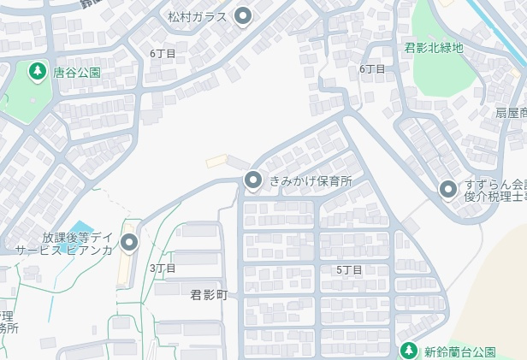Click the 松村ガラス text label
pyautogui.click(x=198, y=17)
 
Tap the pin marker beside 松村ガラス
pyautogui.click(x=244, y=15)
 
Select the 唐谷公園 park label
pyautogui.click(x=76, y=73)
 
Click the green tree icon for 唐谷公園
pyautogui.click(x=37, y=72)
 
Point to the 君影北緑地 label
pyautogui.click(x=434, y=48)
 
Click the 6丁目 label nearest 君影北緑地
pyautogui.click(x=372, y=68)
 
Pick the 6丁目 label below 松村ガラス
pyautogui.click(x=163, y=54)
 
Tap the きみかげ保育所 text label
pyautogui.click(x=311, y=181)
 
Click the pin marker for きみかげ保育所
pyautogui.click(x=253, y=180)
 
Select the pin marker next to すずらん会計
pyautogui.click(x=447, y=190)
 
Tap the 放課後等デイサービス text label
pyautogui.click(x=65, y=244)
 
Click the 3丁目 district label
pyautogui.click(x=163, y=269)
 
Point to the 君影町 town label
pyautogui.click(x=209, y=295)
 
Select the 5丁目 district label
pyautogui.click(x=349, y=270)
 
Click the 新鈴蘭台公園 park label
pyautogui.click(x=460, y=351)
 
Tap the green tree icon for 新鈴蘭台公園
pyautogui.click(x=409, y=351)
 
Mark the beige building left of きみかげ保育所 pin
pyautogui.click(x=217, y=161)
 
